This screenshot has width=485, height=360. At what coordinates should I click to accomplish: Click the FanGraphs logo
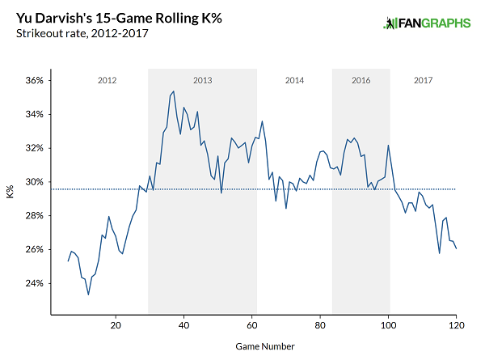[426, 23]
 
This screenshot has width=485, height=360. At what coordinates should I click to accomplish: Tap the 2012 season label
[108, 81]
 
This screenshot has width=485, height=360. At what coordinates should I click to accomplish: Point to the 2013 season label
[202, 81]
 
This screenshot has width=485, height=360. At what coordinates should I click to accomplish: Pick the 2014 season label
[294, 81]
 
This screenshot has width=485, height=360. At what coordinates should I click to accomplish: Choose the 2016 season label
[361, 81]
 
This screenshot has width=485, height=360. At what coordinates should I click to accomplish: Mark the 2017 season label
[423, 81]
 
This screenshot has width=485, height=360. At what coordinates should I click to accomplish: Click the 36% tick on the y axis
[33, 81]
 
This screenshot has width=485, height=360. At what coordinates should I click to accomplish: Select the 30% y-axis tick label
[33, 182]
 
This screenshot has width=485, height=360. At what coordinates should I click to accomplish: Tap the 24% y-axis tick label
[33, 283]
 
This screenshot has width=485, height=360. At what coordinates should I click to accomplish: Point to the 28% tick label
[33, 216]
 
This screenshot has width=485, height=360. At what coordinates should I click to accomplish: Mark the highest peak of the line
[173, 92]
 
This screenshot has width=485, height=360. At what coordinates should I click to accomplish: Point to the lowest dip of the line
[88, 294]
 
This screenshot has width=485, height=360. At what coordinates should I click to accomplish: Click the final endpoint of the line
[456, 248]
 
